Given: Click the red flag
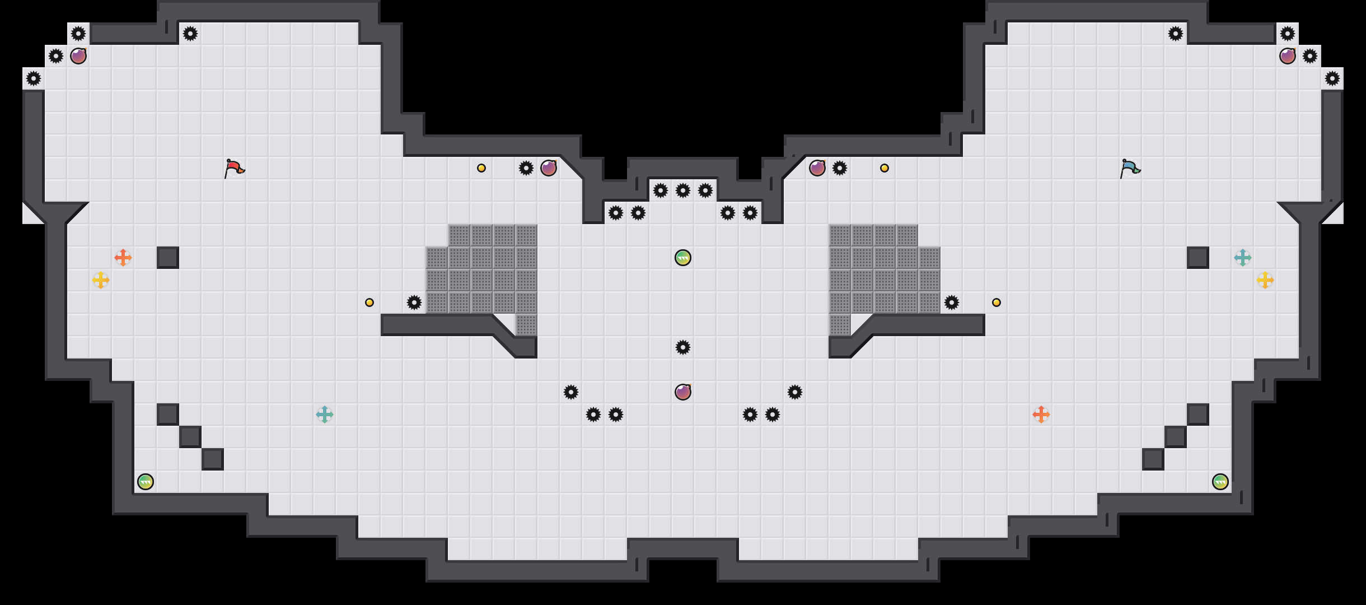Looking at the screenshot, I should (234, 168).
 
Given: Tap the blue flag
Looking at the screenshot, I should (1130, 168).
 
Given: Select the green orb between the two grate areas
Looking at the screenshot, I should (683, 258).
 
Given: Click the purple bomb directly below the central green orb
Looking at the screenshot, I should (683, 392).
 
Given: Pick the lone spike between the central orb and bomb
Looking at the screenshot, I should (683, 347).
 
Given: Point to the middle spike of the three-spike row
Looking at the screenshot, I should (683, 190).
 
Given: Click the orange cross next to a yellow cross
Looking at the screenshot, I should (123, 258).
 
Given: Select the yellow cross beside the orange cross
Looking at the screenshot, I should (101, 280).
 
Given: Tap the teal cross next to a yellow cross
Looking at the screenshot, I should (1243, 258).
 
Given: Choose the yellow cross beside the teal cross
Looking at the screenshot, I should (1265, 280).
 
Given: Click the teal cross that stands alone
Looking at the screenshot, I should (325, 415).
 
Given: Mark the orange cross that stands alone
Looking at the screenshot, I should (1041, 415).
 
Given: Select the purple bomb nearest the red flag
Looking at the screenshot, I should (78, 56).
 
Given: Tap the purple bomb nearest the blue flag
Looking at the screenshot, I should (1288, 56).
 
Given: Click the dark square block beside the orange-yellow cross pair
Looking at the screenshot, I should (168, 258).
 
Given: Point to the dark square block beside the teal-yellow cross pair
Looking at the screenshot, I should (1198, 258).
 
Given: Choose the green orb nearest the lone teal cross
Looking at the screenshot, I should (146, 482).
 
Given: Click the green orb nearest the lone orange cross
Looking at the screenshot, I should (1220, 482).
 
